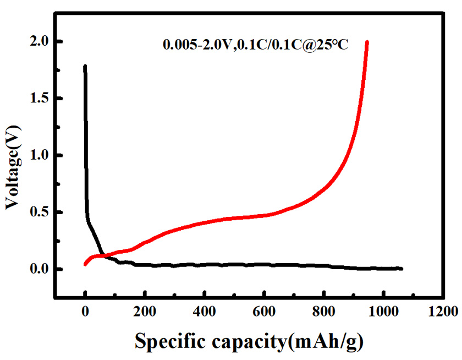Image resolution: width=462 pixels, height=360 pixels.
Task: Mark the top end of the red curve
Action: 366,42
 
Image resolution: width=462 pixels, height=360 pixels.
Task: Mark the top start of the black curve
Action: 85,67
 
